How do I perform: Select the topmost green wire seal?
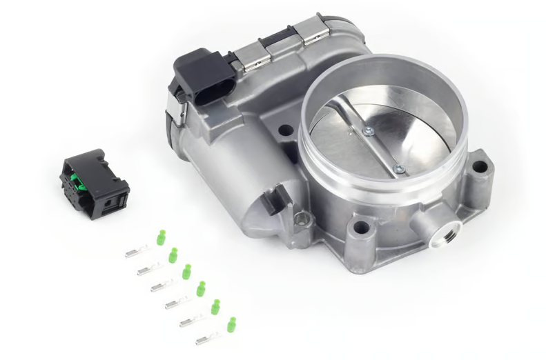[161, 239]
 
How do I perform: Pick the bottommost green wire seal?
[231, 323]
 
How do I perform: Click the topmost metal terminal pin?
[136, 252]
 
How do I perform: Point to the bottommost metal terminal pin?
[206, 339]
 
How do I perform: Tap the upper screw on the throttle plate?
[367, 131]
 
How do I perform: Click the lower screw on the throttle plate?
[398, 166]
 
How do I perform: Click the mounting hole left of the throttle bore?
[284, 129]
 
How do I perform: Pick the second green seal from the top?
[173, 254]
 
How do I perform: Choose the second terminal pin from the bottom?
[191, 321]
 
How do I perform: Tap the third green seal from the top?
[186, 271]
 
